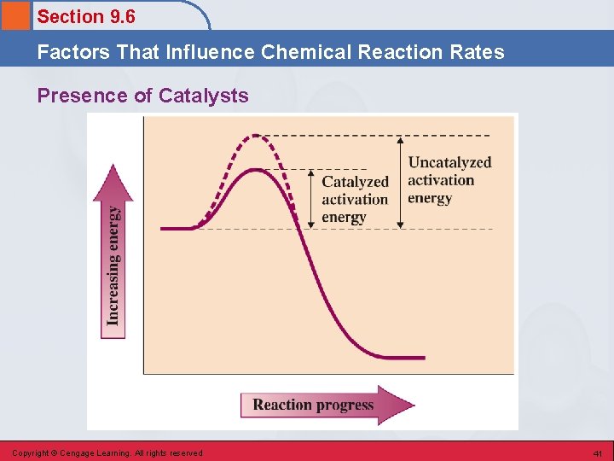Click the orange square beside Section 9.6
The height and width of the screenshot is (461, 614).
(x=14, y=15)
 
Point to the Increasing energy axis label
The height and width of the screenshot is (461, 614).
(x=113, y=265)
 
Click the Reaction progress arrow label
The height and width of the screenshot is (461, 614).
(x=313, y=405)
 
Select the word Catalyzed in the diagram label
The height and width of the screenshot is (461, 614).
(x=355, y=182)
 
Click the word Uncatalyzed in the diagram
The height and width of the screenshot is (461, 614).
(x=449, y=162)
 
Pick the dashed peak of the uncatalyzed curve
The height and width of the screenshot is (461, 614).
(x=253, y=136)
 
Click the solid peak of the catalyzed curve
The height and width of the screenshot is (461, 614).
(x=253, y=169)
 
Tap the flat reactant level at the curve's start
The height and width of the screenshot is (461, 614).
(x=177, y=229)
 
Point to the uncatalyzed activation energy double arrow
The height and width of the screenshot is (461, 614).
(x=401, y=182)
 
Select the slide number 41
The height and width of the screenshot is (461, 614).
(x=598, y=453)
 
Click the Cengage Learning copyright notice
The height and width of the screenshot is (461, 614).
(x=107, y=453)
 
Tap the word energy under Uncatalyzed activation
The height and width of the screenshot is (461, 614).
(x=430, y=199)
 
